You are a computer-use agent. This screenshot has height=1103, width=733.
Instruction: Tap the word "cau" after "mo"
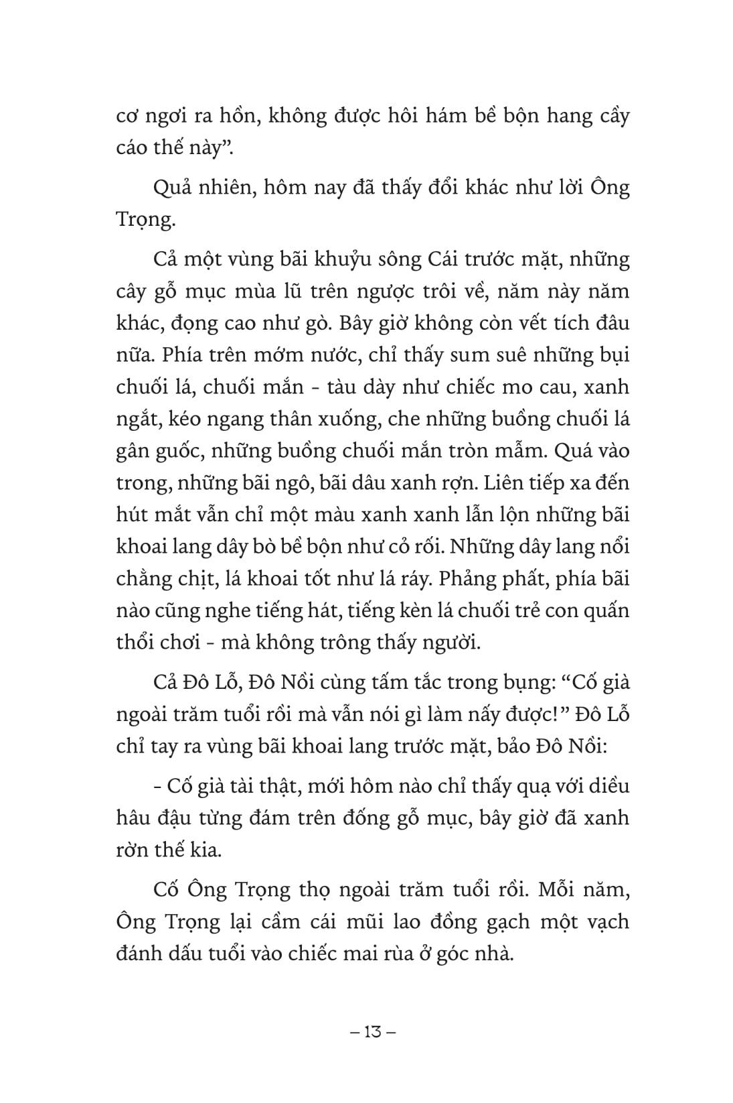tap(540, 389)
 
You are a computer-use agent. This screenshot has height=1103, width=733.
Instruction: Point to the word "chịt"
tap(191, 580)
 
